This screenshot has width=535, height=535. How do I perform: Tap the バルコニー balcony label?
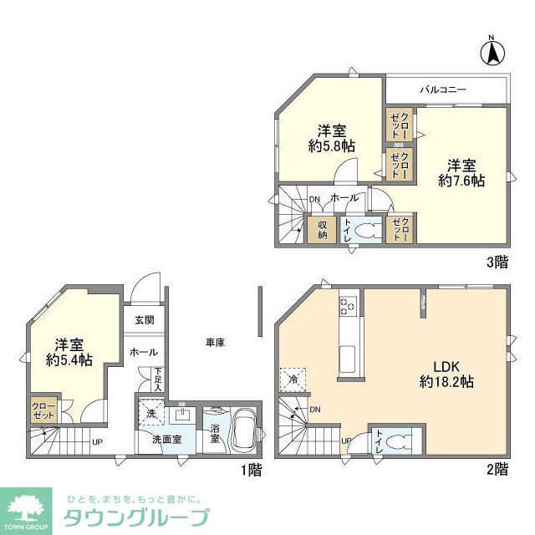[x=443, y=89]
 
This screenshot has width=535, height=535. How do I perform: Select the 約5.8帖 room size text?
[x=332, y=145]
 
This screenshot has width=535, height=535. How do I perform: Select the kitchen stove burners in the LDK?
[x=348, y=308]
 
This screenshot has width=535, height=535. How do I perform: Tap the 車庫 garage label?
[x=216, y=342]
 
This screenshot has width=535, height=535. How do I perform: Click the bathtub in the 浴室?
[x=246, y=431]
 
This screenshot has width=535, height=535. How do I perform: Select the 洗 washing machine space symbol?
[x=150, y=414]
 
